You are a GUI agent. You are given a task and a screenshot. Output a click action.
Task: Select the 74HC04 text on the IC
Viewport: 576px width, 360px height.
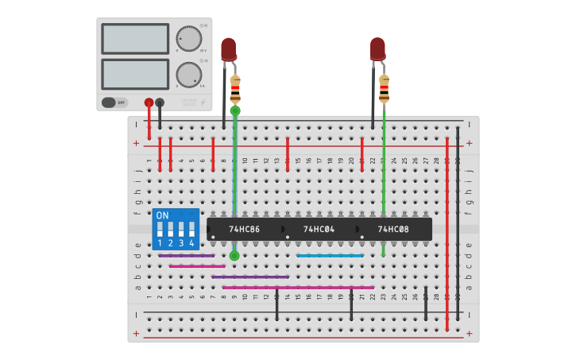[x=319, y=230]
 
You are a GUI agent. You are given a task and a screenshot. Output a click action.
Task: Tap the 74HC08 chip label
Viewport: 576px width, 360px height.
[x=393, y=230]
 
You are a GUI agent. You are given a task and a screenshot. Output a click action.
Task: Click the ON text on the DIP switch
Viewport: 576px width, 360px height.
[x=162, y=215]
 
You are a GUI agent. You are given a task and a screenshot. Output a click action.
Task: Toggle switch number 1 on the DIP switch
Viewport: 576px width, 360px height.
[x=160, y=230]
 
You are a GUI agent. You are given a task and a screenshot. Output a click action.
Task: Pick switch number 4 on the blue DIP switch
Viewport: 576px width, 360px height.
[x=191, y=230]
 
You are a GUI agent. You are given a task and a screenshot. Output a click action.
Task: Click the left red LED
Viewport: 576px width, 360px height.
[x=228, y=48]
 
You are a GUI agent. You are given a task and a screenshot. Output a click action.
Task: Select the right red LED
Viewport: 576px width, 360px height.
[x=377, y=48]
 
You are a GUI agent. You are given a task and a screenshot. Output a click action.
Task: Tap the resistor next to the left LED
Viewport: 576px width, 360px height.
[x=235, y=89]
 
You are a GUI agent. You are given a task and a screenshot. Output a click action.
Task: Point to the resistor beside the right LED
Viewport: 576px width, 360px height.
[x=385, y=89]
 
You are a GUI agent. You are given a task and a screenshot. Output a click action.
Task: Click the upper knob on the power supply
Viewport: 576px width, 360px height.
[x=188, y=38]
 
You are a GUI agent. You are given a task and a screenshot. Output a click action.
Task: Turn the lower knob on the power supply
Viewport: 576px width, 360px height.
[x=188, y=75]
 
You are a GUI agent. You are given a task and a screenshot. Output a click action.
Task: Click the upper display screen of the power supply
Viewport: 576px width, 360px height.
[x=135, y=38]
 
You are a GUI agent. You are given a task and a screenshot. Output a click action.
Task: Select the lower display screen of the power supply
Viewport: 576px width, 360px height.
[x=135, y=74]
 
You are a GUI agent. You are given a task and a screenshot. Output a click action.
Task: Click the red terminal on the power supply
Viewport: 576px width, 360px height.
[x=149, y=103]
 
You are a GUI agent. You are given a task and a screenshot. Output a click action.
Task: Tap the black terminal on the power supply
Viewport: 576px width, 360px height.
[x=160, y=103]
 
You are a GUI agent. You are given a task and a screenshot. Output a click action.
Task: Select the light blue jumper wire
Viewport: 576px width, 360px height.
[x=330, y=256]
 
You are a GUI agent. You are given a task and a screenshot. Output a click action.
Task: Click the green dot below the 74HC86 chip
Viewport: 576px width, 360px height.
[x=234, y=255]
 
